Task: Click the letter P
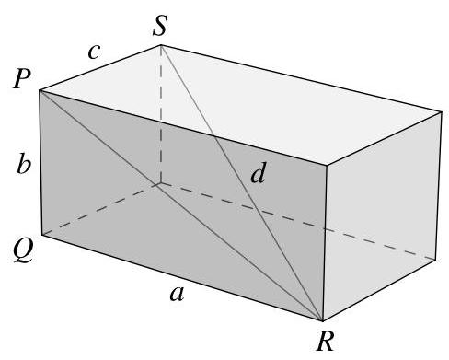[21, 79]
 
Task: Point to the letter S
[160, 28]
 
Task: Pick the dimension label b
[22, 166]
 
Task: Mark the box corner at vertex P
[39, 90]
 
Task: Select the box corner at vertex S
[162, 43]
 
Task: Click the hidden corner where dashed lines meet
[162, 183]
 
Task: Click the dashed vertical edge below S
[162, 115]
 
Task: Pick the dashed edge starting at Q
[101, 209]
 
